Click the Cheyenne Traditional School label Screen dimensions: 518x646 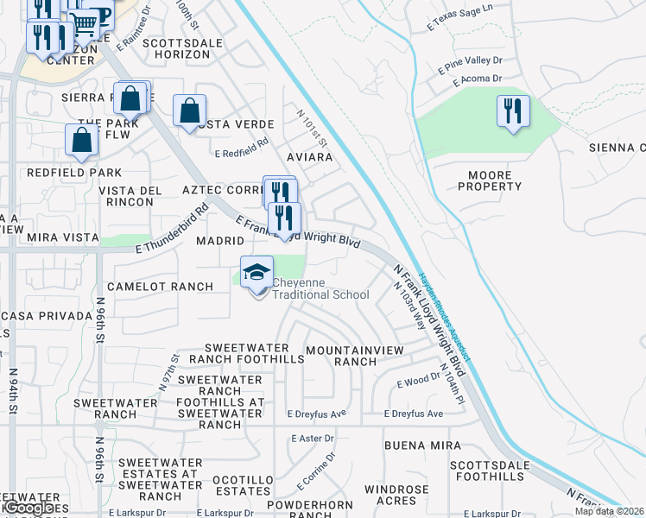click(320, 288)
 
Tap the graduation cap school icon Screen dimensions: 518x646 click(256, 273)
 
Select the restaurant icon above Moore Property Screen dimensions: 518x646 click(513, 112)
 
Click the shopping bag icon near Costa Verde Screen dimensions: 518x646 click(189, 111)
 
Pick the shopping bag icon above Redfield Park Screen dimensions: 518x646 click(81, 141)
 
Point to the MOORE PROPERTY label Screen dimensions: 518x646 click(495, 180)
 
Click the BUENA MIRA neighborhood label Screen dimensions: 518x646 click(417, 445)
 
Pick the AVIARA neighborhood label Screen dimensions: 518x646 click(310, 158)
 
